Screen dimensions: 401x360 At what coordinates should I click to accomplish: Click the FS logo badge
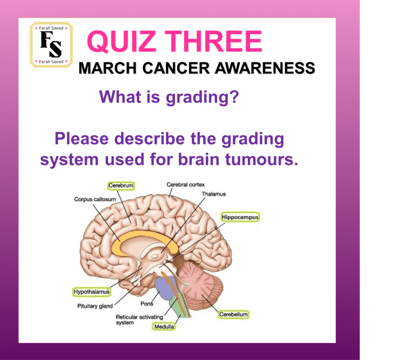point(51,45)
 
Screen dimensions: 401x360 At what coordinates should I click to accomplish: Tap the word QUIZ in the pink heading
point(122,42)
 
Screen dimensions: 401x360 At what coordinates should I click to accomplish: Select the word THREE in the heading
point(213,42)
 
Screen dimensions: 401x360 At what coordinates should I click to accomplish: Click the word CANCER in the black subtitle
point(176,68)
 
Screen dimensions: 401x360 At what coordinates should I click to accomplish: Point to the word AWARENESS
point(265,68)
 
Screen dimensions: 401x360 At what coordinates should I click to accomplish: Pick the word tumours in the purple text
point(261,159)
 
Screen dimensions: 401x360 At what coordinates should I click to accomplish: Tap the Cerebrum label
point(121,185)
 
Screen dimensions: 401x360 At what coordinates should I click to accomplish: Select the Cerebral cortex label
point(185,184)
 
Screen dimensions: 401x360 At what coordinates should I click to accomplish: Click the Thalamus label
point(214,194)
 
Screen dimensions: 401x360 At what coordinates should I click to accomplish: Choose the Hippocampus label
point(240,217)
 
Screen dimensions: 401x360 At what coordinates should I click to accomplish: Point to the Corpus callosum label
point(95,199)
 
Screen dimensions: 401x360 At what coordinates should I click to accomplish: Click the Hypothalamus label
point(92,292)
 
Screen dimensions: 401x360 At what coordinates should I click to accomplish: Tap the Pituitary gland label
point(95,306)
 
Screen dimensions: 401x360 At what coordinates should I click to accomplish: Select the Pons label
point(147,304)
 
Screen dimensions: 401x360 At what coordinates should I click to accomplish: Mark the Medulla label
point(164,327)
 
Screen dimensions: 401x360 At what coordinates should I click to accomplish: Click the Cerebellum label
point(234,314)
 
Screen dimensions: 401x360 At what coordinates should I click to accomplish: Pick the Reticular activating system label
point(140,320)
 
